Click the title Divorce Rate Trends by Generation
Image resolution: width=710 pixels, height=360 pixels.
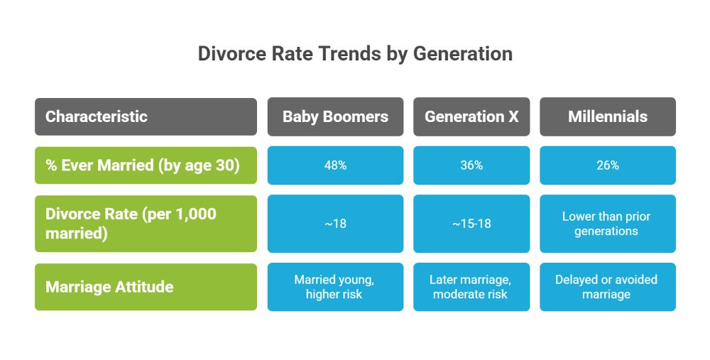point(355,54)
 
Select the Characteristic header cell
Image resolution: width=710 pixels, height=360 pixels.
point(146,116)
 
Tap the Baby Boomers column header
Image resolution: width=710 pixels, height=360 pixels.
point(335,116)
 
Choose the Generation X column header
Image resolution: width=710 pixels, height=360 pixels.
point(471,116)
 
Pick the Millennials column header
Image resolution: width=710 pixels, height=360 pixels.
point(607,116)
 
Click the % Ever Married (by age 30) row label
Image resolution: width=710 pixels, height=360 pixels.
point(146,165)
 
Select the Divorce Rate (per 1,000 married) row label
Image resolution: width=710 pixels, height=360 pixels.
point(146,224)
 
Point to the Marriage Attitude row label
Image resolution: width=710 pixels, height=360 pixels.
point(146,287)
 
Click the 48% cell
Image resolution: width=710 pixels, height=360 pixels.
point(335,165)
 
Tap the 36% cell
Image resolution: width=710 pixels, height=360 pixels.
point(471,165)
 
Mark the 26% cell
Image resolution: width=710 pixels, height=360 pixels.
point(607,165)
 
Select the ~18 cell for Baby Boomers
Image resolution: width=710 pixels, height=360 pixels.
point(335,224)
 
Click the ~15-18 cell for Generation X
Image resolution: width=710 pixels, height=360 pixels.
point(471,224)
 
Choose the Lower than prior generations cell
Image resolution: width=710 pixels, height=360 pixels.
point(607,224)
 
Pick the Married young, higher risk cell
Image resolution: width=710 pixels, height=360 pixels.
point(335,287)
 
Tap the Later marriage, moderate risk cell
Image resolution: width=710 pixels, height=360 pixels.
point(471,287)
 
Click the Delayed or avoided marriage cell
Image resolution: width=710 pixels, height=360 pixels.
point(607,287)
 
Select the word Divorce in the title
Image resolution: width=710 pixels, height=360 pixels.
point(230,54)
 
